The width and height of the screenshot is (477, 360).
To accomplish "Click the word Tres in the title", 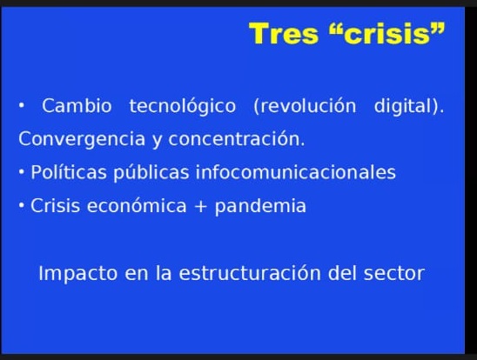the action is point(284,33).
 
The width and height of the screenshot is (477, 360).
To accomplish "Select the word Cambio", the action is point(77,106).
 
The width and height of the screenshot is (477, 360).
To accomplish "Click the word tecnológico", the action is point(183,106).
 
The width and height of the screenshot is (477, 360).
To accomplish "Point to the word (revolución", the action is point(305,106).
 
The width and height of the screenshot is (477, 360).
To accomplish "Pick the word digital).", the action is point(409,106).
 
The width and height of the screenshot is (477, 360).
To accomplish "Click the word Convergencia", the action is point(82,139).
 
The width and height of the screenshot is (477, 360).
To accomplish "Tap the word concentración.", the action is point(237,139).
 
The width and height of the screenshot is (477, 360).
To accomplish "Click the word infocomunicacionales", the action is point(296,172).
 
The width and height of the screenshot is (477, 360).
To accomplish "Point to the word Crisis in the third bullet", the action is point(56,206).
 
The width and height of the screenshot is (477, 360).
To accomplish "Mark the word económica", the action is point(137,205).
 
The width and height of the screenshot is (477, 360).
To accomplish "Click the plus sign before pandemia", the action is point(200,207).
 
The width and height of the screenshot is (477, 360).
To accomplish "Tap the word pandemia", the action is point(260,207).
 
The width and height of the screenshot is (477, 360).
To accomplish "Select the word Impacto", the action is point(77,274).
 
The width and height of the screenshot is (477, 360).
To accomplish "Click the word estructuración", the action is point(250,273).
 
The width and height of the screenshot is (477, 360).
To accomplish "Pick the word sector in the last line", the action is point(394,273).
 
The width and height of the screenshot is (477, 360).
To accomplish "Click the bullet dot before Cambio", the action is point(21,106).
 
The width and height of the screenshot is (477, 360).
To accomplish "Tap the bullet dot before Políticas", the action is point(21,172).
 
